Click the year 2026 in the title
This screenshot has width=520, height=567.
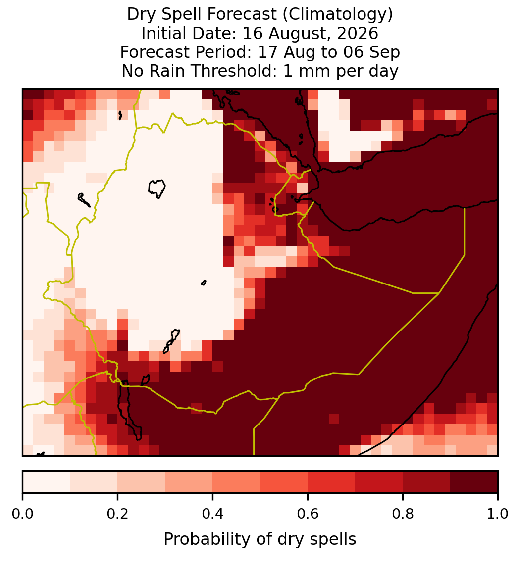[358, 33]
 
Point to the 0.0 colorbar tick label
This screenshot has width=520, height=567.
[22, 514]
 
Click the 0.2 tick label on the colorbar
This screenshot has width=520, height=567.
[117, 514]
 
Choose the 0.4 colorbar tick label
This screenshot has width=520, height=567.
[213, 514]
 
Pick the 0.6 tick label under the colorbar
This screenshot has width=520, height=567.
[308, 514]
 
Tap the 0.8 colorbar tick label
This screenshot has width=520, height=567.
[403, 514]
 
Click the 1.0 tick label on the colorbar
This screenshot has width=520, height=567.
[498, 514]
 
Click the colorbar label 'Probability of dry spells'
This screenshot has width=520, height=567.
[260, 539]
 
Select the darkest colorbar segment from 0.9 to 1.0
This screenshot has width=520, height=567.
[474, 482]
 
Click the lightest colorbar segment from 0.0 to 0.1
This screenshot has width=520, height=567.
[47, 482]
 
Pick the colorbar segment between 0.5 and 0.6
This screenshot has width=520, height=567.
[284, 482]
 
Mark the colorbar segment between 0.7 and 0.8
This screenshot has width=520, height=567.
[379, 482]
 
